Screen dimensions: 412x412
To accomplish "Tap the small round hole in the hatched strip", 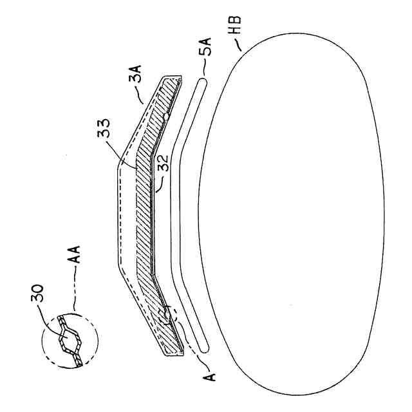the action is click(166, 117).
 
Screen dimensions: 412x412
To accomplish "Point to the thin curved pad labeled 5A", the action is click(175, 212).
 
